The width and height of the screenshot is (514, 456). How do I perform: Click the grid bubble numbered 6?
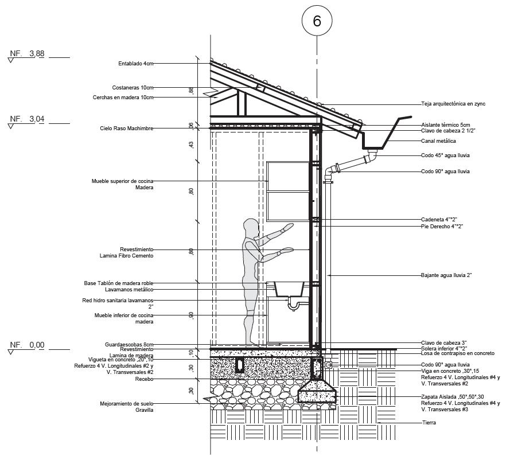click(317, 21)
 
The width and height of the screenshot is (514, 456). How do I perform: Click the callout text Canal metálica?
click(438, 141)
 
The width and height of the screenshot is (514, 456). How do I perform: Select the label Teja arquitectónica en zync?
click(453, 104)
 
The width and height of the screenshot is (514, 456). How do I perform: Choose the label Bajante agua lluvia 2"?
click(446, 275)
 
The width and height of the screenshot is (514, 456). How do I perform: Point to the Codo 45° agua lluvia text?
click(445, 155)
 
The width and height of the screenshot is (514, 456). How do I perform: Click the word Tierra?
click(429, 423)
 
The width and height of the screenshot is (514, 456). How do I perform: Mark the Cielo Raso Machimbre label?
click(127, 128)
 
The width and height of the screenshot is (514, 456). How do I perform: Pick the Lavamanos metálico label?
click(129, 290)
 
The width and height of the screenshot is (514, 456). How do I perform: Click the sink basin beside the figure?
click(289, 289)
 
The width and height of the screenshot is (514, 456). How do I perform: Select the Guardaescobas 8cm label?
click(129, 344)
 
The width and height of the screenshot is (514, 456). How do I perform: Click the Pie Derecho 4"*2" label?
click(442, 227)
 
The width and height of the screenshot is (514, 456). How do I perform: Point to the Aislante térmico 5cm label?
click(445, 125)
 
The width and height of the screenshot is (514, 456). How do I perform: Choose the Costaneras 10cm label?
click(133, 88)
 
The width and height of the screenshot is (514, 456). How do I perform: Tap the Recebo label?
click(144, 379)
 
